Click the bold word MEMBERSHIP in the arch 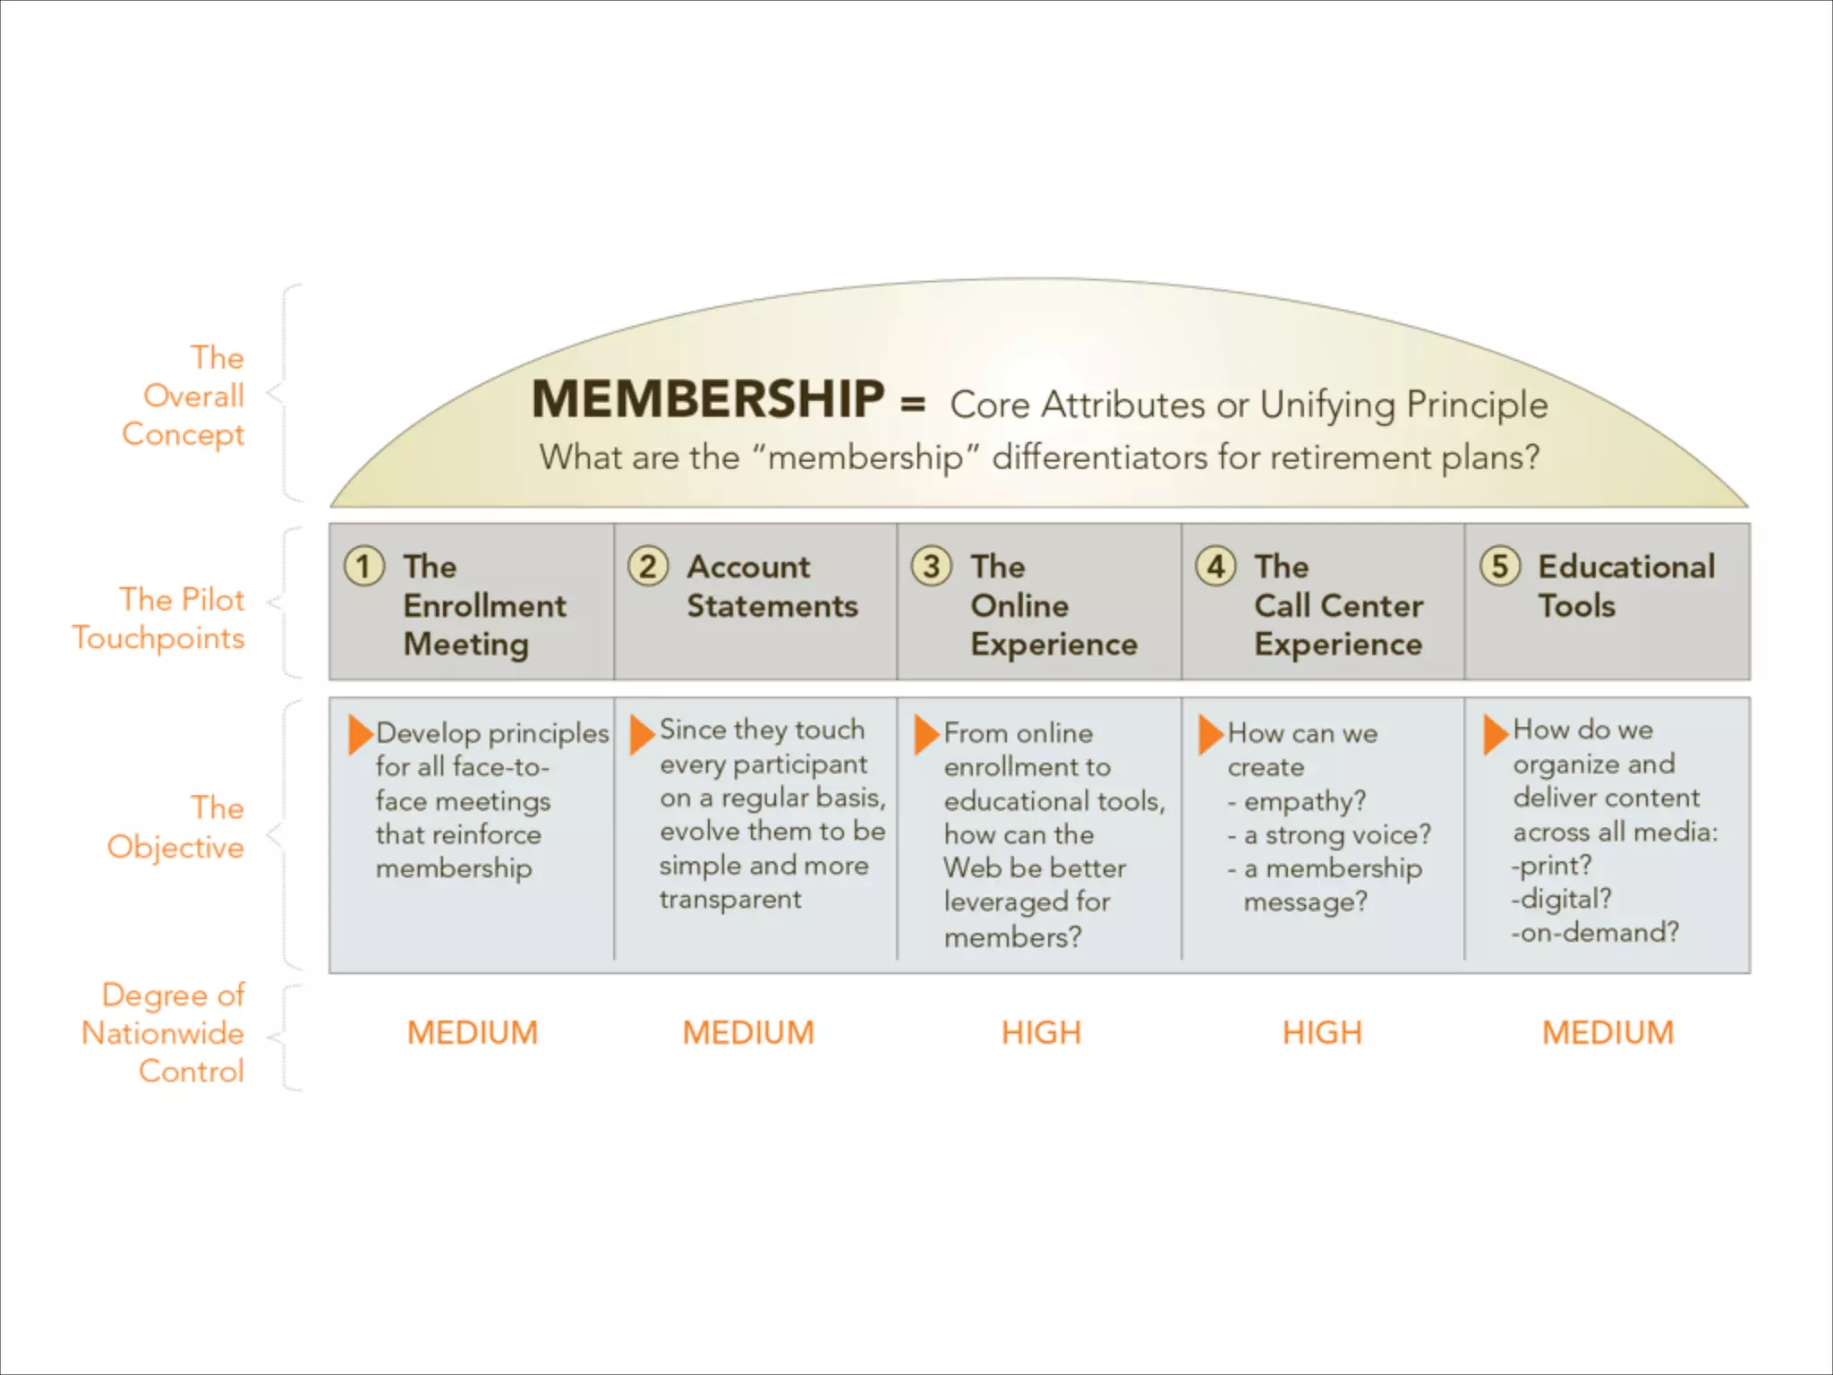pyautogui.click(x=707, y=399)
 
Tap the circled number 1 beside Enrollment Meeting pyautogui.click(x=364, y=567)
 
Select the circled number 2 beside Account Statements pyautogui.click(x=648, y=567)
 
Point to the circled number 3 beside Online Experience pyautogui.click(x=932, y=567)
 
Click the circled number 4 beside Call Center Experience pyautogui.click(x=1216, y=567)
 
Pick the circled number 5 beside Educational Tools pyautogui.click(x=1500, y=567)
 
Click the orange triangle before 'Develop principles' pyautogui.click(x=360, y=734)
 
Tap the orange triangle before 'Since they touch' pyautogui.click(x=642, y=734)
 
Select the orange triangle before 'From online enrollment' pyautogui.click(x=925, y=734)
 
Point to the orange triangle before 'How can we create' pyautogui.click(x=1209, y=734)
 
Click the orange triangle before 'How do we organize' pyautogui.click(x=1494, y=734)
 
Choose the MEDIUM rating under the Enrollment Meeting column pyautogui.click(x=473, y=1033)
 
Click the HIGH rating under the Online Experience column pyautogui.click(x=1041, y=1033)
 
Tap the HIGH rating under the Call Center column pyautogui.click(x=1322, y=1033)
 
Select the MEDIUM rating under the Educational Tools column pyautogui.click(x=1607, y=1033)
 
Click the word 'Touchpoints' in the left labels pyautogui.click(x=158, y=638)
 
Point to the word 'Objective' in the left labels pyautogui.click(x=175, y=847)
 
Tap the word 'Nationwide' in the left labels pyautogui.click(x=163, y=1033)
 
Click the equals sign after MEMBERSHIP pyautogui.click(x=913, y=405)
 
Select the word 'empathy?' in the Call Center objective pyautogui.click(x=1305, y=801)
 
